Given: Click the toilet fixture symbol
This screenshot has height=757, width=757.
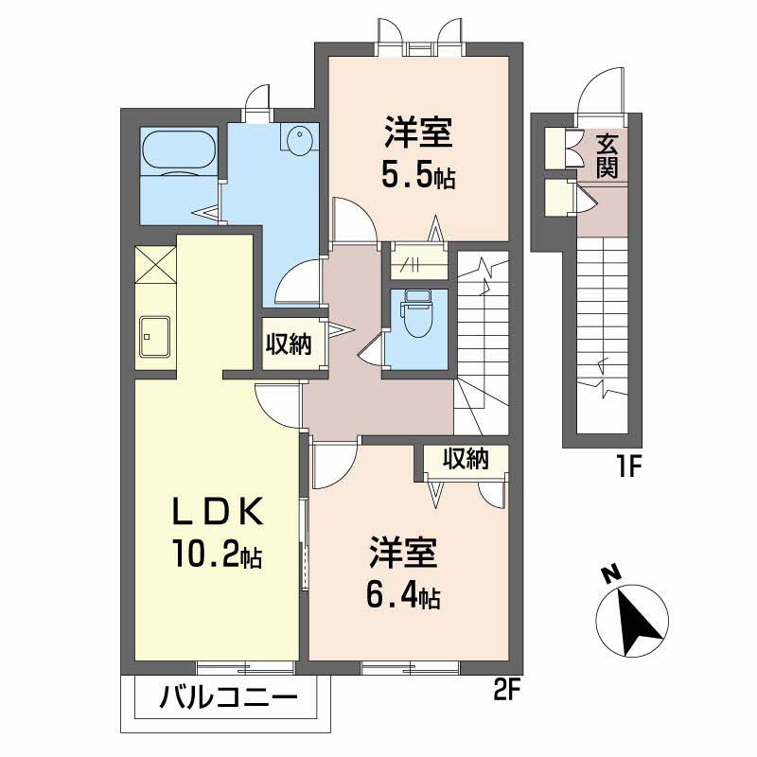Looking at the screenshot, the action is click(x=415, y=313).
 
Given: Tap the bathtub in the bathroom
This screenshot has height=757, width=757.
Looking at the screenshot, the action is click(x=179, y=151).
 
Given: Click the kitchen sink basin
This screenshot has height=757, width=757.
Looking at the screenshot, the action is click(x=154, y=336).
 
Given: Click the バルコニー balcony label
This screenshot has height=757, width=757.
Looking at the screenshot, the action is click(x=228, y=698).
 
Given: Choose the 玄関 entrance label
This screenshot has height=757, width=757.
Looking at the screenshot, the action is click(x=607, y=156).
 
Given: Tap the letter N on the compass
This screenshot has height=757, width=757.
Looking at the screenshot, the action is click(x=611, y=574).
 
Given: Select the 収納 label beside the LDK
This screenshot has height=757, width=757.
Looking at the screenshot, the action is click(x=289, y=344).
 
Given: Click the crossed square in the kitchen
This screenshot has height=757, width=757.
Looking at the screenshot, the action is click(x=155, y=265).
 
